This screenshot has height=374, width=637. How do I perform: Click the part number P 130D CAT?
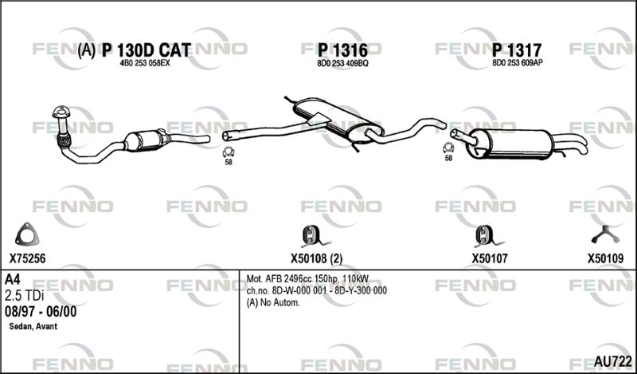pyautogui.click(x=147, y=50)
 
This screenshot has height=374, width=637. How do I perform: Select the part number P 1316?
pyautogui.click(x=342, y=50)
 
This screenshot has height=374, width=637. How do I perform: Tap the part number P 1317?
pyautogui.click(x=517, y=50)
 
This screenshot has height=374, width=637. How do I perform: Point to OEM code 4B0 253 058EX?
pyautogui.click(x=145, y=64)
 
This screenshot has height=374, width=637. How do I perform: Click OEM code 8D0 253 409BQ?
pyautogui.click(x=342, y=64)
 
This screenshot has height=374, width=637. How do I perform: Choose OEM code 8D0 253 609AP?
pyautogui.click(x=518, y=63)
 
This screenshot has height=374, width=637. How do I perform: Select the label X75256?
pyautogui.click(x=28, y=258)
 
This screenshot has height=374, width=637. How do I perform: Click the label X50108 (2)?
pyautogui.click(x=316, y=258)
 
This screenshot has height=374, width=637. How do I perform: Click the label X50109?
pyautogui.click(x=605, y=258)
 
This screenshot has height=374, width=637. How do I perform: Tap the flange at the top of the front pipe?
pyautogui.click(x=61, y=112)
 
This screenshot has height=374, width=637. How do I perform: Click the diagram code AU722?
pyautogui.click(x=612, y=361)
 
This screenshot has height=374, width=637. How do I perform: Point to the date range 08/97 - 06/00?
pyautogui.click(x=41, y=312)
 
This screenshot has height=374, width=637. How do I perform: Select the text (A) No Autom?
pyautogui.click(x=273, y=303)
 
